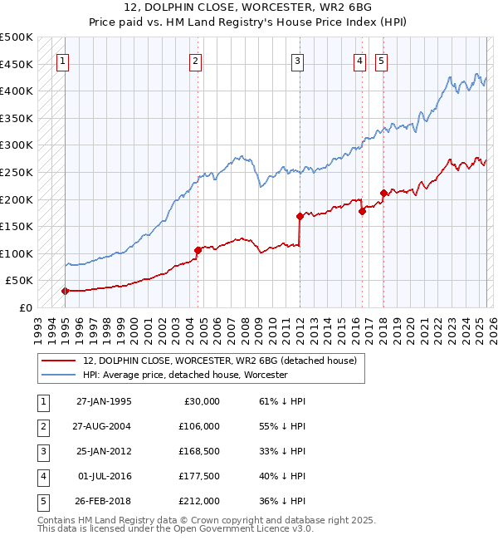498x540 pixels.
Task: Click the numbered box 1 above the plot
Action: [x=64, y=60]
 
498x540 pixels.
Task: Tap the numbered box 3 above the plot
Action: [x=297, y=60]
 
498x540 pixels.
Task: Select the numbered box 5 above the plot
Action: [x=381, y=60]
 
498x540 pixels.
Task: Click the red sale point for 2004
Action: [x=198, y=250]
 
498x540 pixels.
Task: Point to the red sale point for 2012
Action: [x=299, y=216]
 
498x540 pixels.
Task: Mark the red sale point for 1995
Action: [x=65, y=291]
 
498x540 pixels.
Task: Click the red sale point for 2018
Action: [x=383, y=193]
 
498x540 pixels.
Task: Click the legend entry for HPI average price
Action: [x=184, y=376]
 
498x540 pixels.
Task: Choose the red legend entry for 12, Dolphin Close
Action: [x=219, y=361]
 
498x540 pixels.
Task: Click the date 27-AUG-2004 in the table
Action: [x=103, y=425]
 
